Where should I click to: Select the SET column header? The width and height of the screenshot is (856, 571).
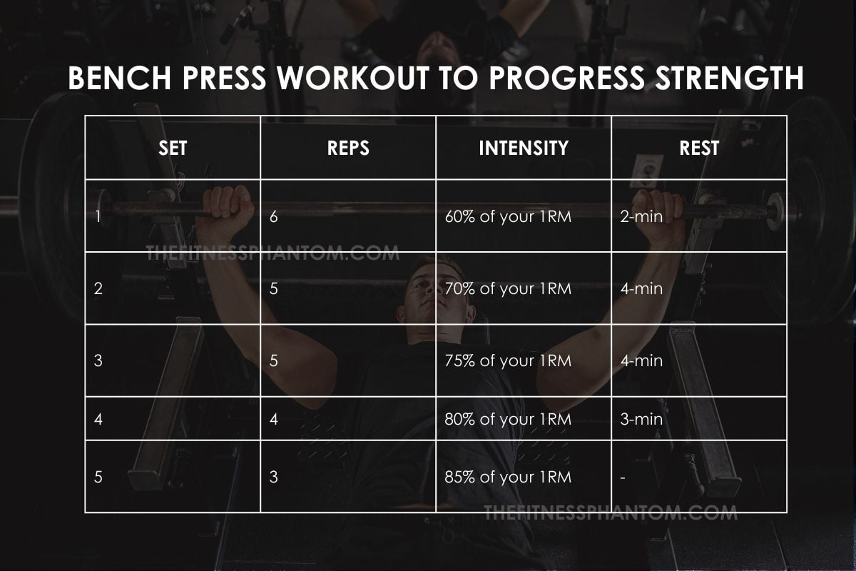pyautogui.click(x=173, y=148)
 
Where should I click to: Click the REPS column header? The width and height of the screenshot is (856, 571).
pyautogui.click(x=348, y=148)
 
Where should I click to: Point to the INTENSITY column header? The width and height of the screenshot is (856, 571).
pyautogui.click(x=524, y=148)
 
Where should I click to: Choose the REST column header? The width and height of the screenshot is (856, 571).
pyautogui.click(x=699, y=148)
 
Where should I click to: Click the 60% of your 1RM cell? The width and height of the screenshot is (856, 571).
pyautogui.click(x=507, y=216)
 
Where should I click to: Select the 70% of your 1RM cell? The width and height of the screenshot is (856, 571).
pyautogui.click(x=507, y=289)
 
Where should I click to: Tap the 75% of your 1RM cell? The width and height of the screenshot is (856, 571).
pyautogui.click(x=507, y=361)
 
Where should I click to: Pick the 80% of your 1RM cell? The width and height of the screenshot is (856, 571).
pyautogui.click(x=507, y=419)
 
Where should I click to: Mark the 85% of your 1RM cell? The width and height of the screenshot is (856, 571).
pyautogui.click(x=507, y=477)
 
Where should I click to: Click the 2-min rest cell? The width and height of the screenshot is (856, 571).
pyautogui.click(x=641, y=216)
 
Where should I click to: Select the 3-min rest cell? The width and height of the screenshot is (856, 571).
pyautogui.click(x=641, y=419)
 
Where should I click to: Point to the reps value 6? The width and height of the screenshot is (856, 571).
pyautogui.click(x=274, y=216)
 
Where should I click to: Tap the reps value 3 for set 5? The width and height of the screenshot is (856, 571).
pyautogui.click(x=274, y=477)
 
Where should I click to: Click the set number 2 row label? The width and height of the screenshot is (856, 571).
pyautogui.click(x=98, y=289)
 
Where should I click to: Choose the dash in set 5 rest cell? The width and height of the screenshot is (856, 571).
pyautogui.click(x=623, y=477)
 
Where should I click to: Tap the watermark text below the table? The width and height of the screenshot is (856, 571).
pyautogui.click(x=610, y=512)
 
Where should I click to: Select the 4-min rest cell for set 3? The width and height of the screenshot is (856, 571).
pyautogui.click(x=641, y=361)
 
